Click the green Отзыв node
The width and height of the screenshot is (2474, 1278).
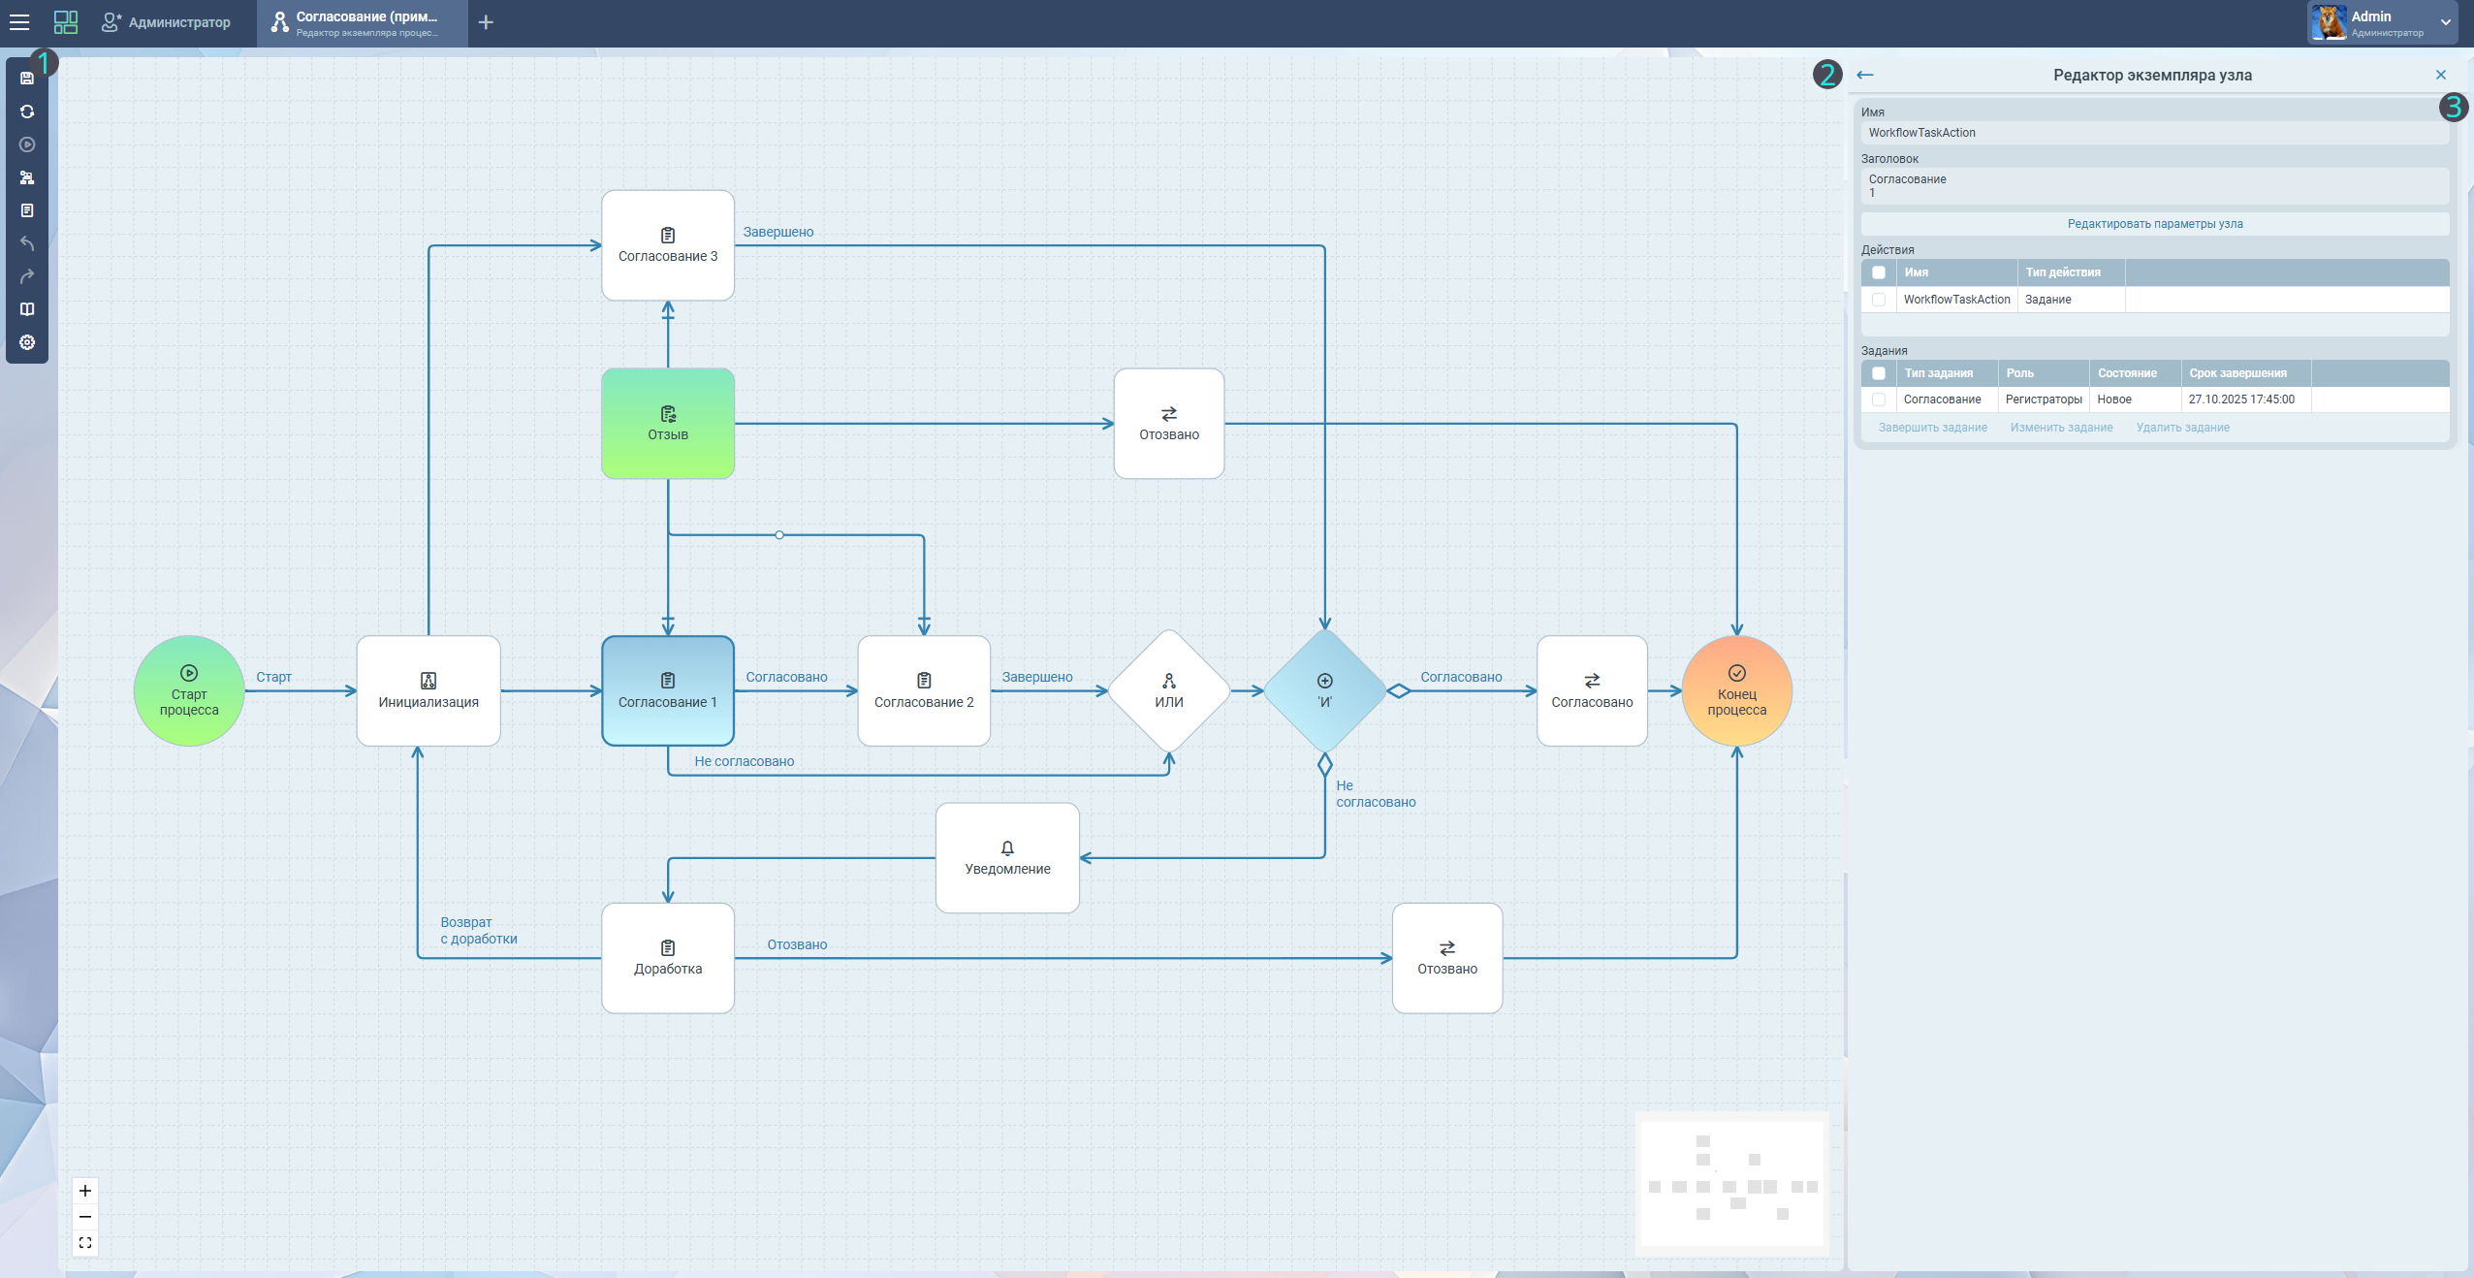coord(668,424)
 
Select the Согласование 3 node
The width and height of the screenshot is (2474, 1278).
coord(668,245)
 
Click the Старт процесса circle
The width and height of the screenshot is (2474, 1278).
coord(189,690)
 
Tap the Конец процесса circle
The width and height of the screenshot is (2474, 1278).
coord(1736,690)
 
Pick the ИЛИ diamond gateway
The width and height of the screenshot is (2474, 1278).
coord(1169,690)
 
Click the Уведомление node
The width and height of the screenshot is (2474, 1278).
coord(1007,858)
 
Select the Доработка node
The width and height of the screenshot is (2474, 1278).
coord(668,958)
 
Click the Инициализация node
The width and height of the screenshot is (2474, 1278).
coord(428,690)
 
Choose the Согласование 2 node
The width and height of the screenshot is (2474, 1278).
coord(924,690)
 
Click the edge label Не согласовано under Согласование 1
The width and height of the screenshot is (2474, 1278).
coord(744,761)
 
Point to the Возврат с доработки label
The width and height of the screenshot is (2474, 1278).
coord(479,930)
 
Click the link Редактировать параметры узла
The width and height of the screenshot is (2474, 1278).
coord(2154,224)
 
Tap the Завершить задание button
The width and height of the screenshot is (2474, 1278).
coord(1932,428)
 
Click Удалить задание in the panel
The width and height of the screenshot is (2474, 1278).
coord(2182,428)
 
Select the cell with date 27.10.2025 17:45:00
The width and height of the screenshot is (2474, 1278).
coord(2241,399)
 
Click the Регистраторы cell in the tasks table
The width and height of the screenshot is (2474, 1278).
coord(2043,399)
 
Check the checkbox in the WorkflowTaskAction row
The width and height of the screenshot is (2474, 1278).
coord(1879,300)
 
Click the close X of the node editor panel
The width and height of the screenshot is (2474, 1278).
coord(2440,75)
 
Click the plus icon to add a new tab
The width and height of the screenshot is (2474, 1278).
coord(486,22)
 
